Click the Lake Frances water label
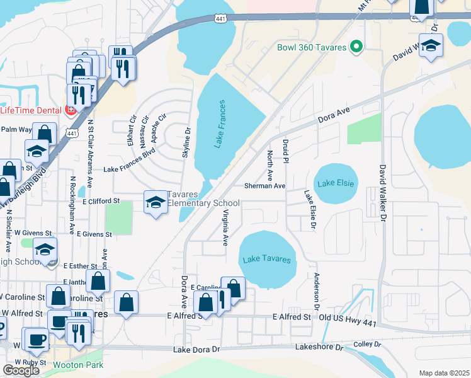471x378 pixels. [218, 124]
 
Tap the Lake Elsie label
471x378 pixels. [336, 183]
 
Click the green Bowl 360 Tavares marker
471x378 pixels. [356, 47]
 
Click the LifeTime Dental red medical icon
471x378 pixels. [71, 110]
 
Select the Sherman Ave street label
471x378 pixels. [265, 186]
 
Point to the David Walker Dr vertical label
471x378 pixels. [382, 193]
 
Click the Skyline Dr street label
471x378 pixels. [186, 144]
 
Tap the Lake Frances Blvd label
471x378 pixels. [129, 169]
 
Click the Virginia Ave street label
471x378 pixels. [225, 228]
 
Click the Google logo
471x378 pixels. [21, 370]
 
